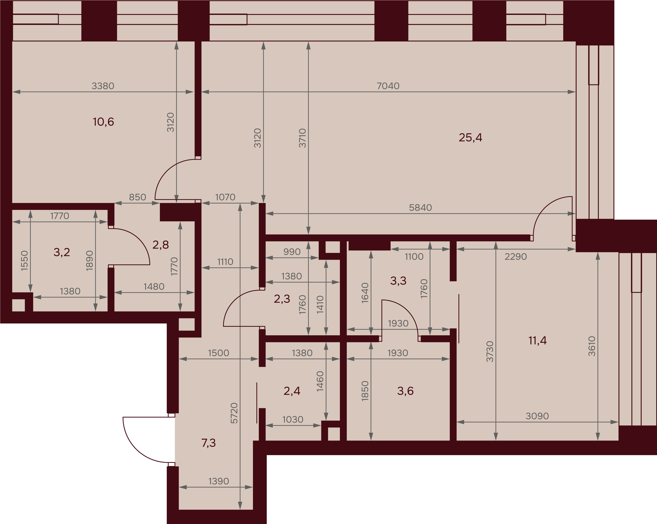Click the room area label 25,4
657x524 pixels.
[470, 138]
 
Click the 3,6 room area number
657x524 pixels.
[405, 391]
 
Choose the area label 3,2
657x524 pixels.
[62, 252]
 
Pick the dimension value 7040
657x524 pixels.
[388, 86]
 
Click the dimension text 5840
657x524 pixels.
[420, 208]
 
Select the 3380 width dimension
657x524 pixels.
[103, 86]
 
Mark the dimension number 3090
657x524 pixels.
[537, 416]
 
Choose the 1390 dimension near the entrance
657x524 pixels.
[219, 481]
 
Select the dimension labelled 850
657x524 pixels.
[138, 197]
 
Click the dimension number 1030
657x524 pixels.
[293, 420]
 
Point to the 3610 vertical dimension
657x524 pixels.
[592, 346]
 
